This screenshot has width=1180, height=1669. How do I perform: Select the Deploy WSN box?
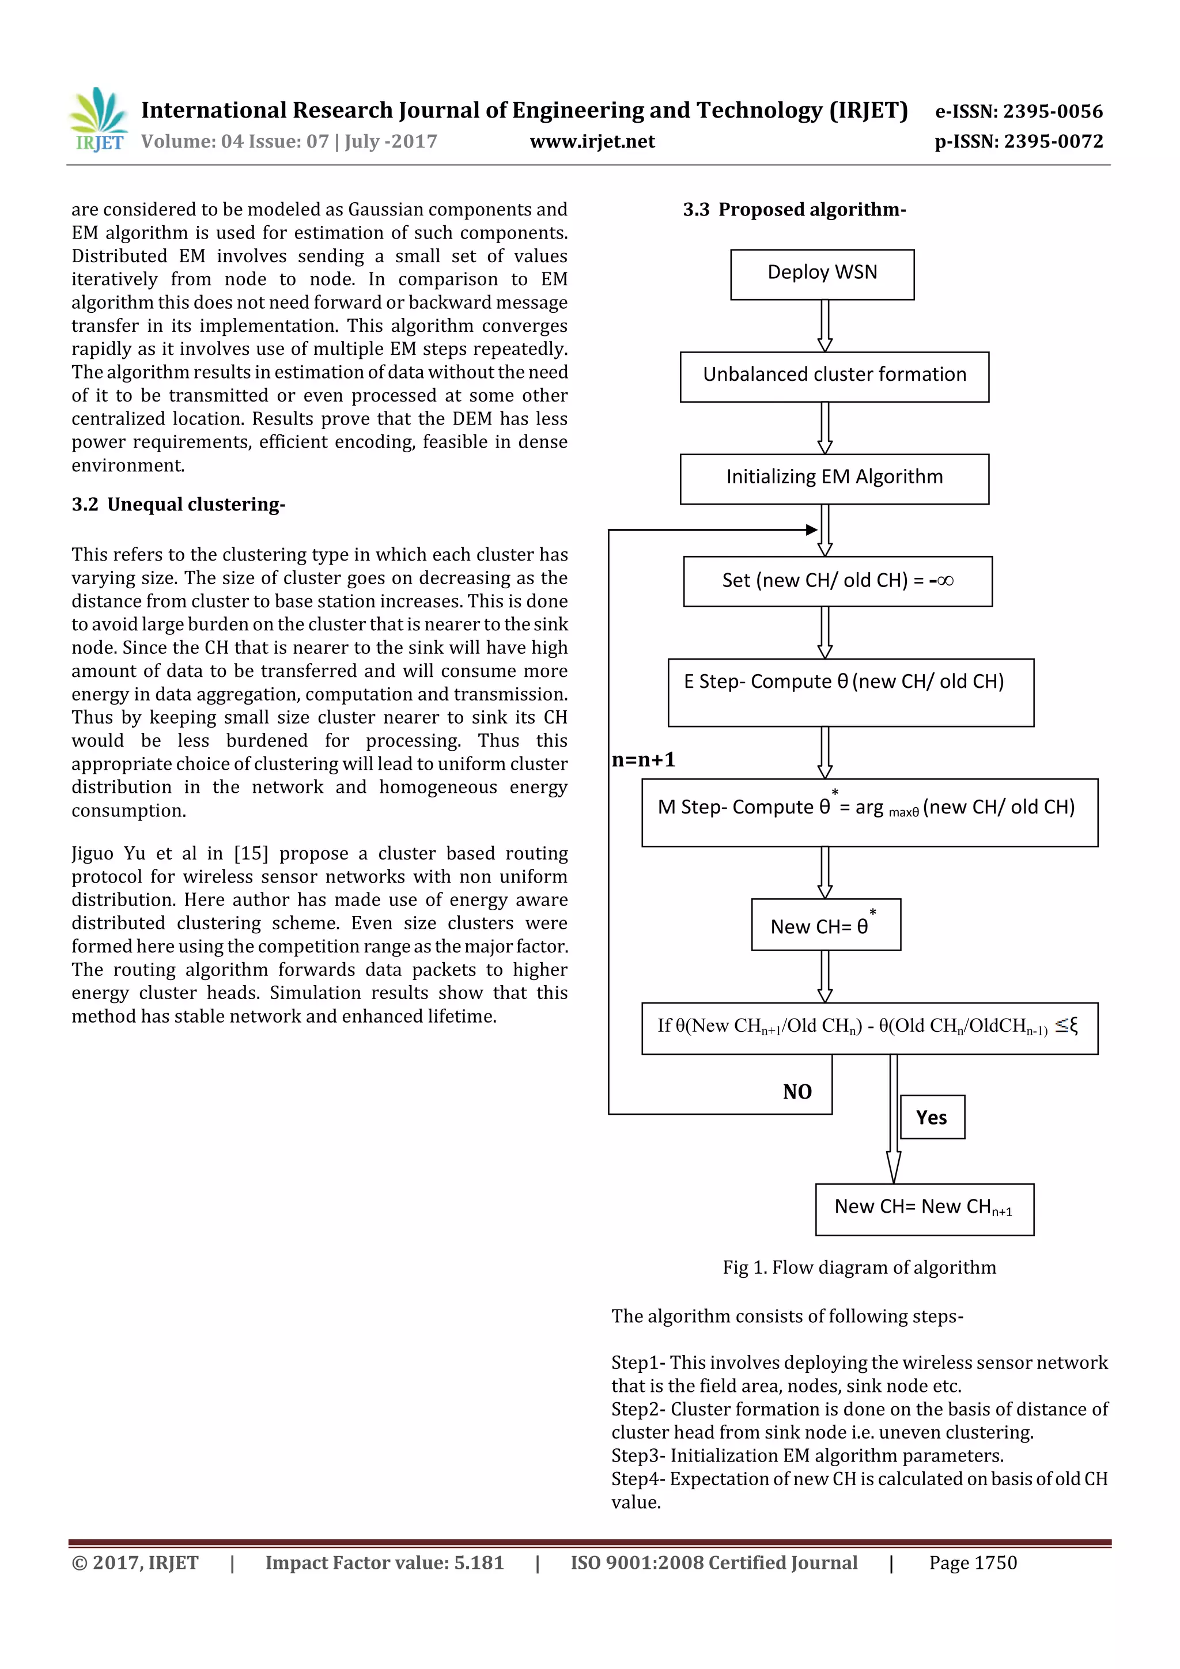click(x=822, y=274)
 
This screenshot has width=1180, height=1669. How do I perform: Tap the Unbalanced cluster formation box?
click(x=834, y=377)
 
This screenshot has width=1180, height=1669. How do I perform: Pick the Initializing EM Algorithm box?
click(x=834, y=479)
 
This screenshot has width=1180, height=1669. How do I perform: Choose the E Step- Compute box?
click(x=850, y=692)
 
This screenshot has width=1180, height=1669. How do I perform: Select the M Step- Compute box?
click(x=869, y=812)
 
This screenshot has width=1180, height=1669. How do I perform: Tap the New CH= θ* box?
click(x=825, y=924)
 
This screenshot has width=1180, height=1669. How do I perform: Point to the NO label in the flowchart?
click(x=797, y=1091)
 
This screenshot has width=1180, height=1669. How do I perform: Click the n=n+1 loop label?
click(x=644, y=760)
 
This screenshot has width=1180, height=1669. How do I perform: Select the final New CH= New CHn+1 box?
click(x=924, y=1209)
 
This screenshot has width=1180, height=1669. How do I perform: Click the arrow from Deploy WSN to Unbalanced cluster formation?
click(x=825, y=326)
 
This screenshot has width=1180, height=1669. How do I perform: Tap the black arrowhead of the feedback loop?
click(x=812, y=530)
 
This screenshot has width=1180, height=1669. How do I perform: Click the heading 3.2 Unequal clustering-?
click(x=178, y=505)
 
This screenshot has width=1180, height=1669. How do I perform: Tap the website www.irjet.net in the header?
click(x=592, y=141)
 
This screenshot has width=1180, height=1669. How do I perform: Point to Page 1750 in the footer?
click(x=972, y=1562)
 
